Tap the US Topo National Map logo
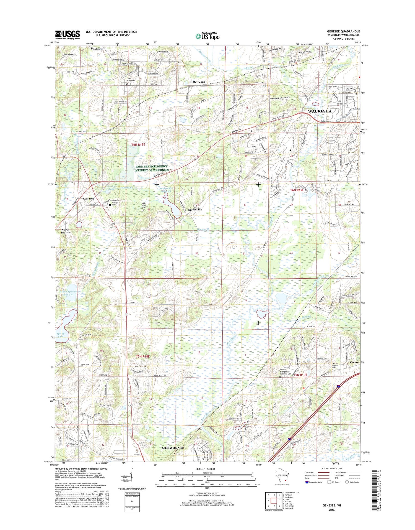pos(207,36)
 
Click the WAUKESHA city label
pos(320,111)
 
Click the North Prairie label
pos(66,231)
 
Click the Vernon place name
pos(354,362)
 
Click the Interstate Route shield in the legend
pos(307,482)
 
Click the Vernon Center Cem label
pos(335,365)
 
